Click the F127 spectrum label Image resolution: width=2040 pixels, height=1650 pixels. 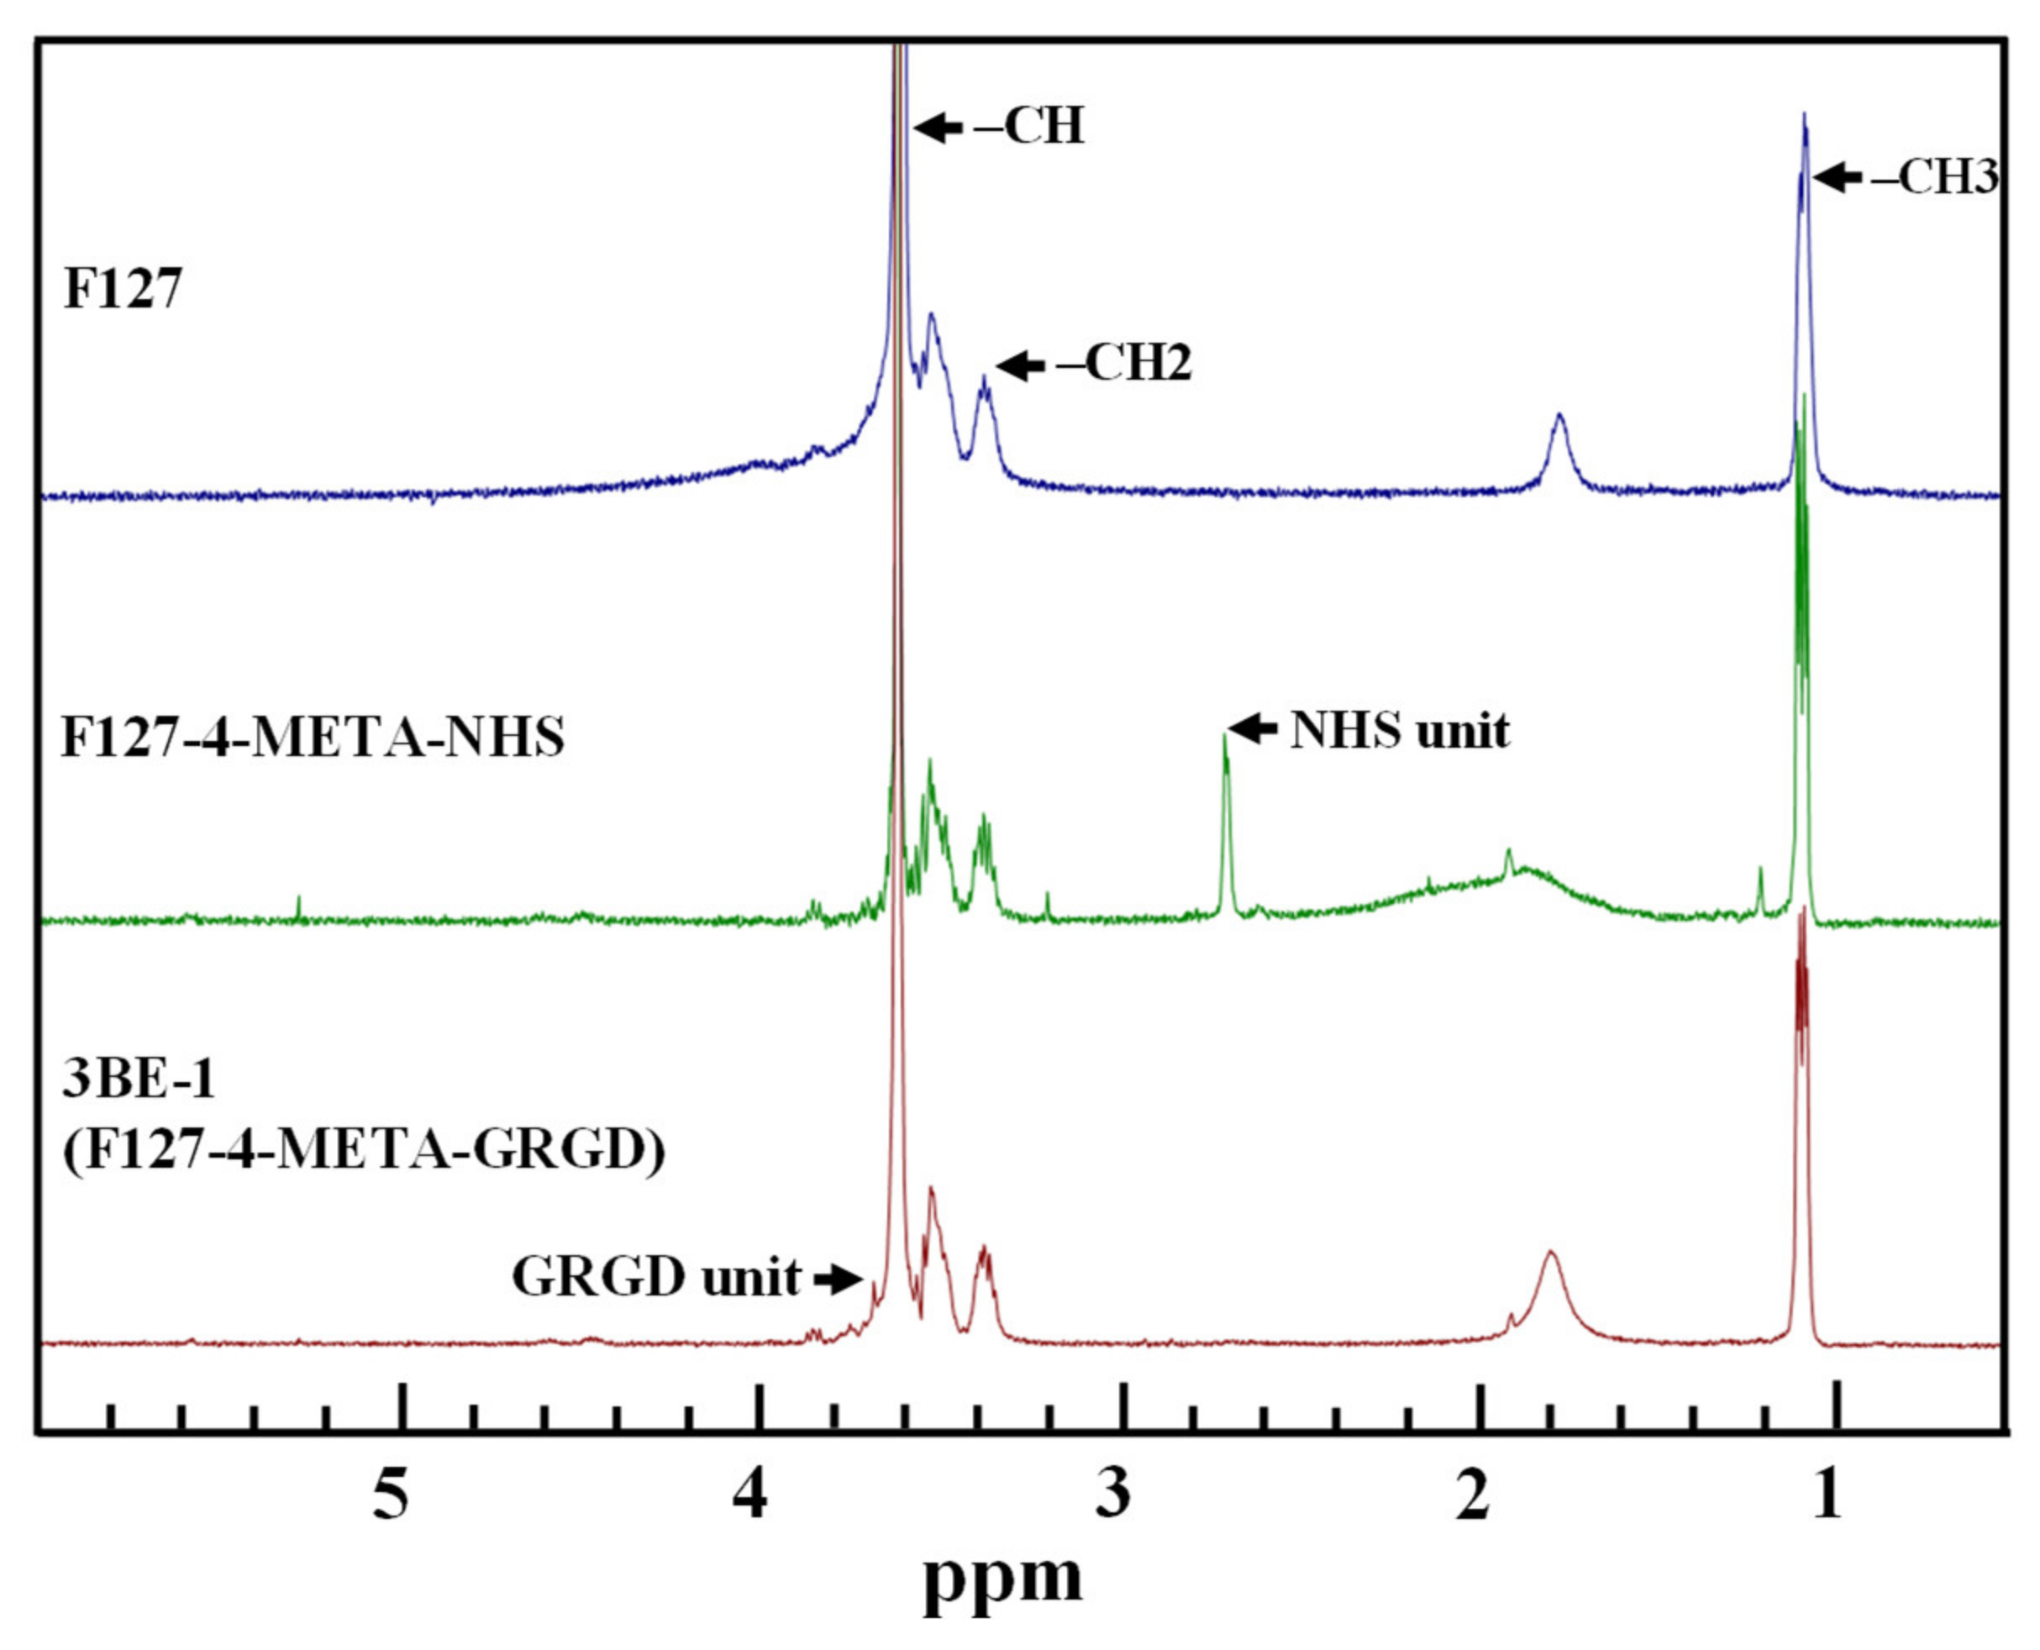tap(122, 288)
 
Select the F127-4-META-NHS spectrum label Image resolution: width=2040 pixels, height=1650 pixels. tap(313, 737)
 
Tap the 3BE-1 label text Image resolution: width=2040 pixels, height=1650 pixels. tap(139, 1080)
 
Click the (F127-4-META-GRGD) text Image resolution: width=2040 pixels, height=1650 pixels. tap(364, 1151)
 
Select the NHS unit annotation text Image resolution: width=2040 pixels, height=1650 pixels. tap(1399, 730)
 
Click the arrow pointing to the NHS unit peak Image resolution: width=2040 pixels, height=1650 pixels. tap(1253, 729)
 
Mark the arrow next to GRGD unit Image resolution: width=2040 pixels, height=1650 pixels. tap(838, 1280)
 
